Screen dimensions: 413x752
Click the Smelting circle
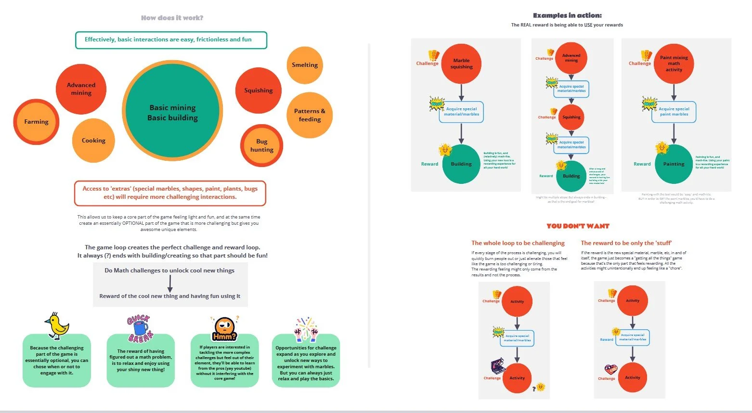click(305, 65)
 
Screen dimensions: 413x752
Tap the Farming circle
click(36, 122)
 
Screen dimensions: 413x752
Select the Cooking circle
click(93, 141)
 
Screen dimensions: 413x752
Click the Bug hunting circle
click(261, 145)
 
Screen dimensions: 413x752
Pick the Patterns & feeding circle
click(310, 115)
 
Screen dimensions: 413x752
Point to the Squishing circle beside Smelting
click(259, 90)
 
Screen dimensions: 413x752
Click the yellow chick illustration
click(57, 325)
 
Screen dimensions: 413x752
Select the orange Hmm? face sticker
click(224, 329)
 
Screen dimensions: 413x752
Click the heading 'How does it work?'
click(172, 18)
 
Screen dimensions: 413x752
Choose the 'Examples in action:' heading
click(567, 15)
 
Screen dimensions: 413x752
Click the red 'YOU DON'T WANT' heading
click(578, 226)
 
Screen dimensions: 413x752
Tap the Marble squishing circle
click(461, 64)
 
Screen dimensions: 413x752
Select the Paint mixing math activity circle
click(674, 64)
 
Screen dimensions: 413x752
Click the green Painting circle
click(674, 164)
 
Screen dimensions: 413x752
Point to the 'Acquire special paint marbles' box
click(674, 112)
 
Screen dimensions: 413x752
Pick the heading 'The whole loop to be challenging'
click(518, 243)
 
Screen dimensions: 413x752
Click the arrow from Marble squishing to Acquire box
click(461, 92)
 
